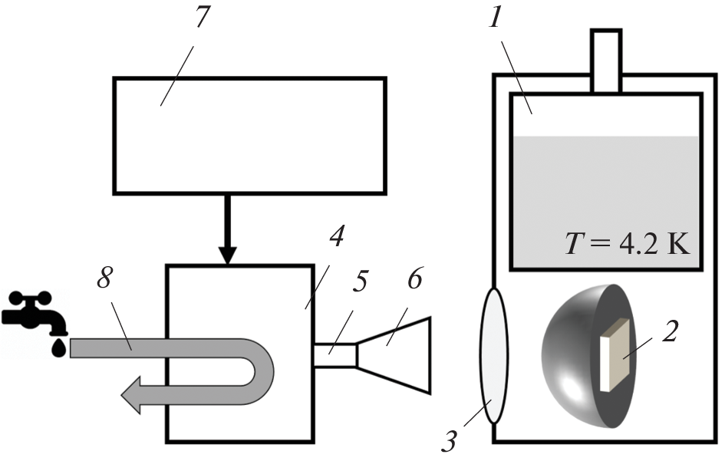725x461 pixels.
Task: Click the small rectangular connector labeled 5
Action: (x=335, y=355)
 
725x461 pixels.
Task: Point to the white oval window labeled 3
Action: (x=493, y=356)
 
